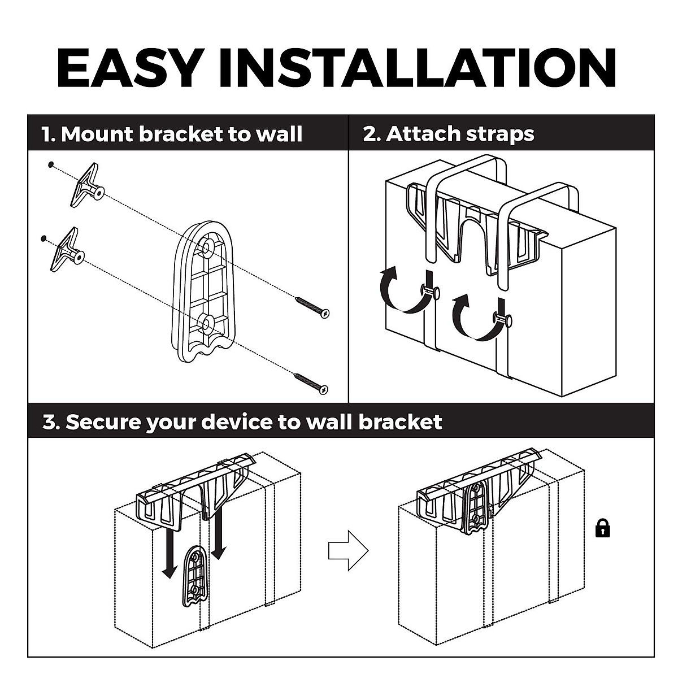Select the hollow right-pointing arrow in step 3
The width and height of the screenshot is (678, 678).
coord(348,550)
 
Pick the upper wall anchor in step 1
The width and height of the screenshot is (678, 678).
coord(85,184)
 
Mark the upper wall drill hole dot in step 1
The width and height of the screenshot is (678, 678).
coord(51,164)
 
